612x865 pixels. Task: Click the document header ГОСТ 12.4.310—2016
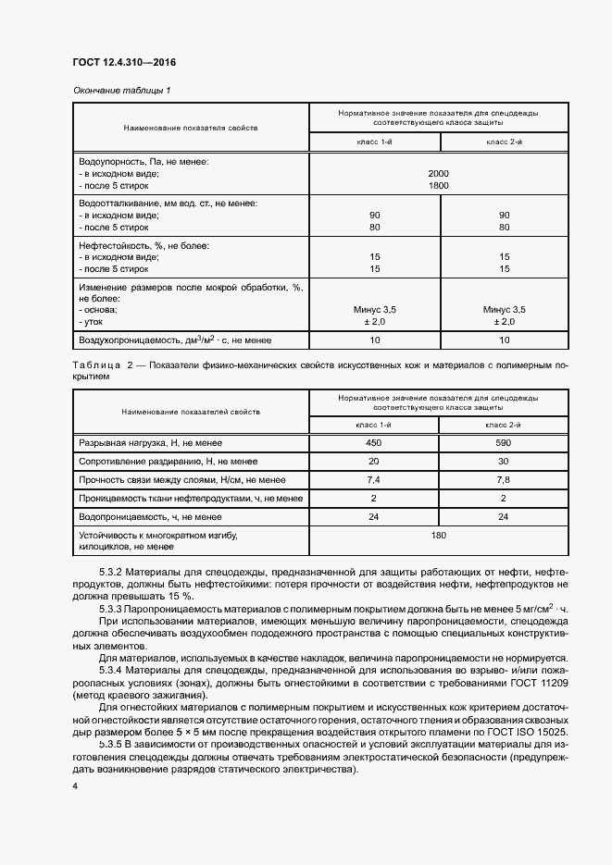pyautogui.click(x=123, y=62)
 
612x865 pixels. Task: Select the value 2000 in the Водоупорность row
pyautogui.click(x=438, y=173)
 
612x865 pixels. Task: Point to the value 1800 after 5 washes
pyautogui.click(x=438, y=185)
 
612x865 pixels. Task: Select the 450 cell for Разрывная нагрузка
pyautogui.click(x=374, y=442)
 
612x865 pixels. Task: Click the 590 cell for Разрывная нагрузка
pyautogui.click(x=505, y=442)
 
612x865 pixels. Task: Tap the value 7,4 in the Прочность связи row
pyautogui.click(x=374, y=480)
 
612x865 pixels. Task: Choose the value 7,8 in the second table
pyautogui.click(x=505, y=480)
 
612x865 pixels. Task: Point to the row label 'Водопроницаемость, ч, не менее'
pyautogui.click(x=150, y=517)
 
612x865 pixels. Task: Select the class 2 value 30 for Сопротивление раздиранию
pyautogui.click(x=505, y=461)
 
